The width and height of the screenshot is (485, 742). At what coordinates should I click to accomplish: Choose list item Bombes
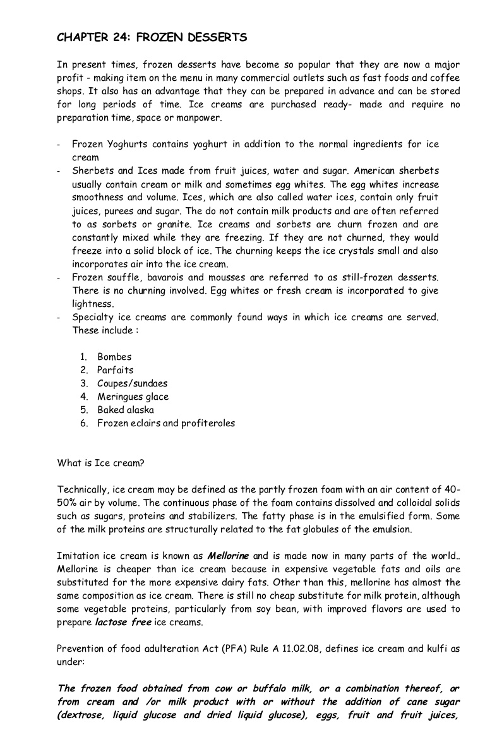click(x=114, y=357)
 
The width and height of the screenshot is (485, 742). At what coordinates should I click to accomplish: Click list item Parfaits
click(x=115, y=370)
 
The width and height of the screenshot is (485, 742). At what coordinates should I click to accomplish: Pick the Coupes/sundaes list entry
click(x=132, y=383)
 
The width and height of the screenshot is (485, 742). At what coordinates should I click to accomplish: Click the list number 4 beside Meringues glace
click(x=83, y=397)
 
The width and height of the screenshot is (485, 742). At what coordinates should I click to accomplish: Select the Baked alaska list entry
click(x=125, y=410)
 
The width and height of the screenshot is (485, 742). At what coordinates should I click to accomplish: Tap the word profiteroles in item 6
click(x=207, y=423)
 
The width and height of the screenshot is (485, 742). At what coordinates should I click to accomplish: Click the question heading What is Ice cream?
click(x=101, y=463)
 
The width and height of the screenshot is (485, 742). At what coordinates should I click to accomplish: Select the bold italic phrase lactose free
click(x=123, y=622)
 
